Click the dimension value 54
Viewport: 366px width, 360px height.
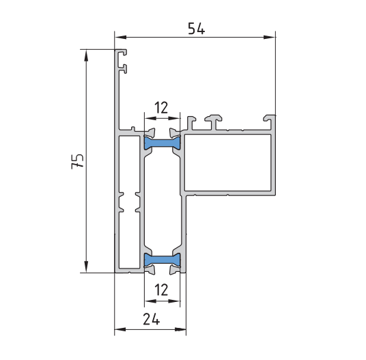[196, 29]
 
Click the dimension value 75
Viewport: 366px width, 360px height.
[77, 161]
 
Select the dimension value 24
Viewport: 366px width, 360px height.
[152, 319]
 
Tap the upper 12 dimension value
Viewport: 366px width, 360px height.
[162, 107]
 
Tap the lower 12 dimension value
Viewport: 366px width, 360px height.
[162, 290]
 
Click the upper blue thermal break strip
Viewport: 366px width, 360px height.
[163, 143]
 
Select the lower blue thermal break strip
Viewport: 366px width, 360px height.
[163, 260]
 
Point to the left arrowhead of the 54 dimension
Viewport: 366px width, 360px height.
[121, 37]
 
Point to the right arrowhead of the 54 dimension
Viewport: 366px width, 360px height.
[269, 37]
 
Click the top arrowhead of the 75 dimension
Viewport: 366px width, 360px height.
[86, 55]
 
